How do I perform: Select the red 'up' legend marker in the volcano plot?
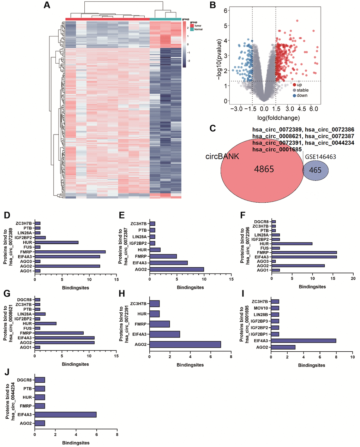[x=294, y=85]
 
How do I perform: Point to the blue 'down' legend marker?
[x=294, y=95]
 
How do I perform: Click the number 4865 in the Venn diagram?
[x=264, y=169]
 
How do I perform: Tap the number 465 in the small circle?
[x=315, y=170]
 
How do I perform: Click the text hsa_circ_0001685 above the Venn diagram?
[x=277, y=149]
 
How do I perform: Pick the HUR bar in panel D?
[x=56, y=243]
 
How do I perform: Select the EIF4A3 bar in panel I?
[x=304, y=341]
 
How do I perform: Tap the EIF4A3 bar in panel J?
[x=65, y=415]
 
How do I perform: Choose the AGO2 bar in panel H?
[x=185, y=344]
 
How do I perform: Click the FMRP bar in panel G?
[x=59, y=333]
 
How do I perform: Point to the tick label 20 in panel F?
[x=353, y=279]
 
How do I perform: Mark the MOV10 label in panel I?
[x=261, y=308]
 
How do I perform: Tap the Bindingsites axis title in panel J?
[x=76, y=443]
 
